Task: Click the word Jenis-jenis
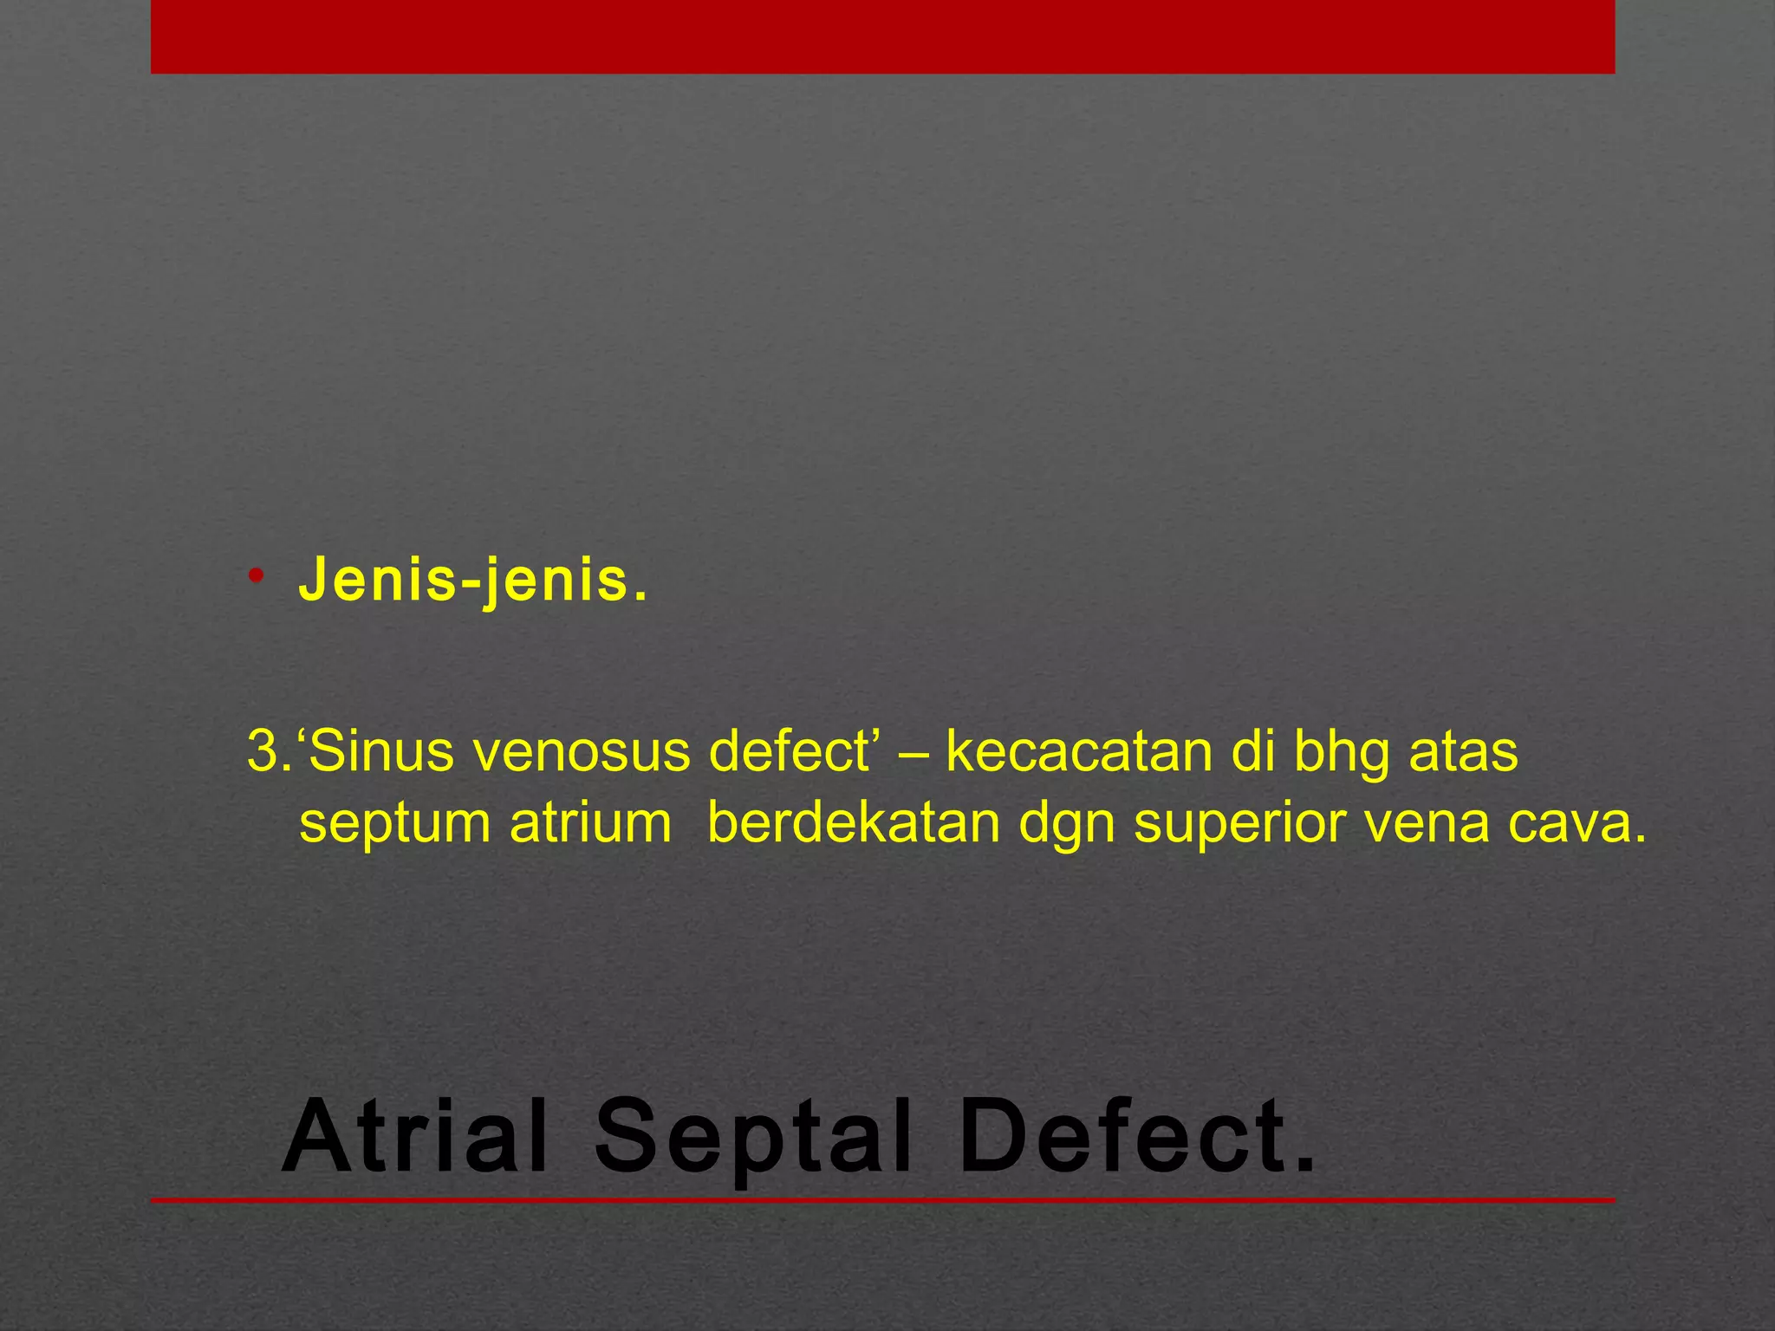(x=472, y=581)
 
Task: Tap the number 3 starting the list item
(x=261, y=752)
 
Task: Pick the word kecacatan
(x=1079, y=752)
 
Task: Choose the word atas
(x=1464, y=752)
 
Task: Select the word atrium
(x=590, y=823)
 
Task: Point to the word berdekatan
(x=854, y=823)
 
